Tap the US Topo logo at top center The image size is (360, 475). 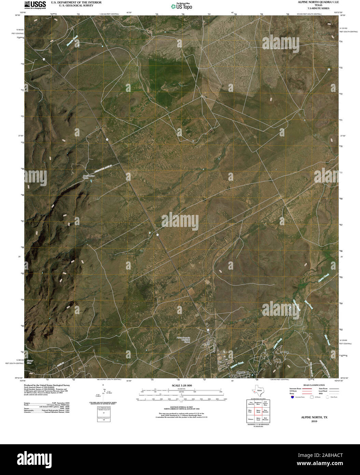coord(181,6)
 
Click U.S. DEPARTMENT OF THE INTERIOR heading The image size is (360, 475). coord(71,2)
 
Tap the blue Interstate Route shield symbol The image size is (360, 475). coord(292,397)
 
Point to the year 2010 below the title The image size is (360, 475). coord(314,421)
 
